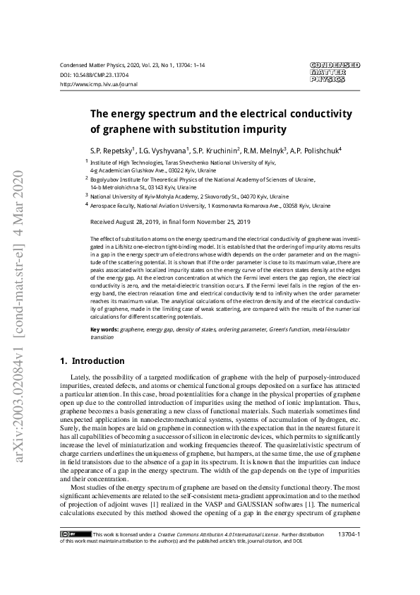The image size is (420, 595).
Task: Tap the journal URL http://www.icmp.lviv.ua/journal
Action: pyautogui.click(x=99, y=83)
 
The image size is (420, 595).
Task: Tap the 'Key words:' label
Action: pyautogui.click(x=104, y=330)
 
